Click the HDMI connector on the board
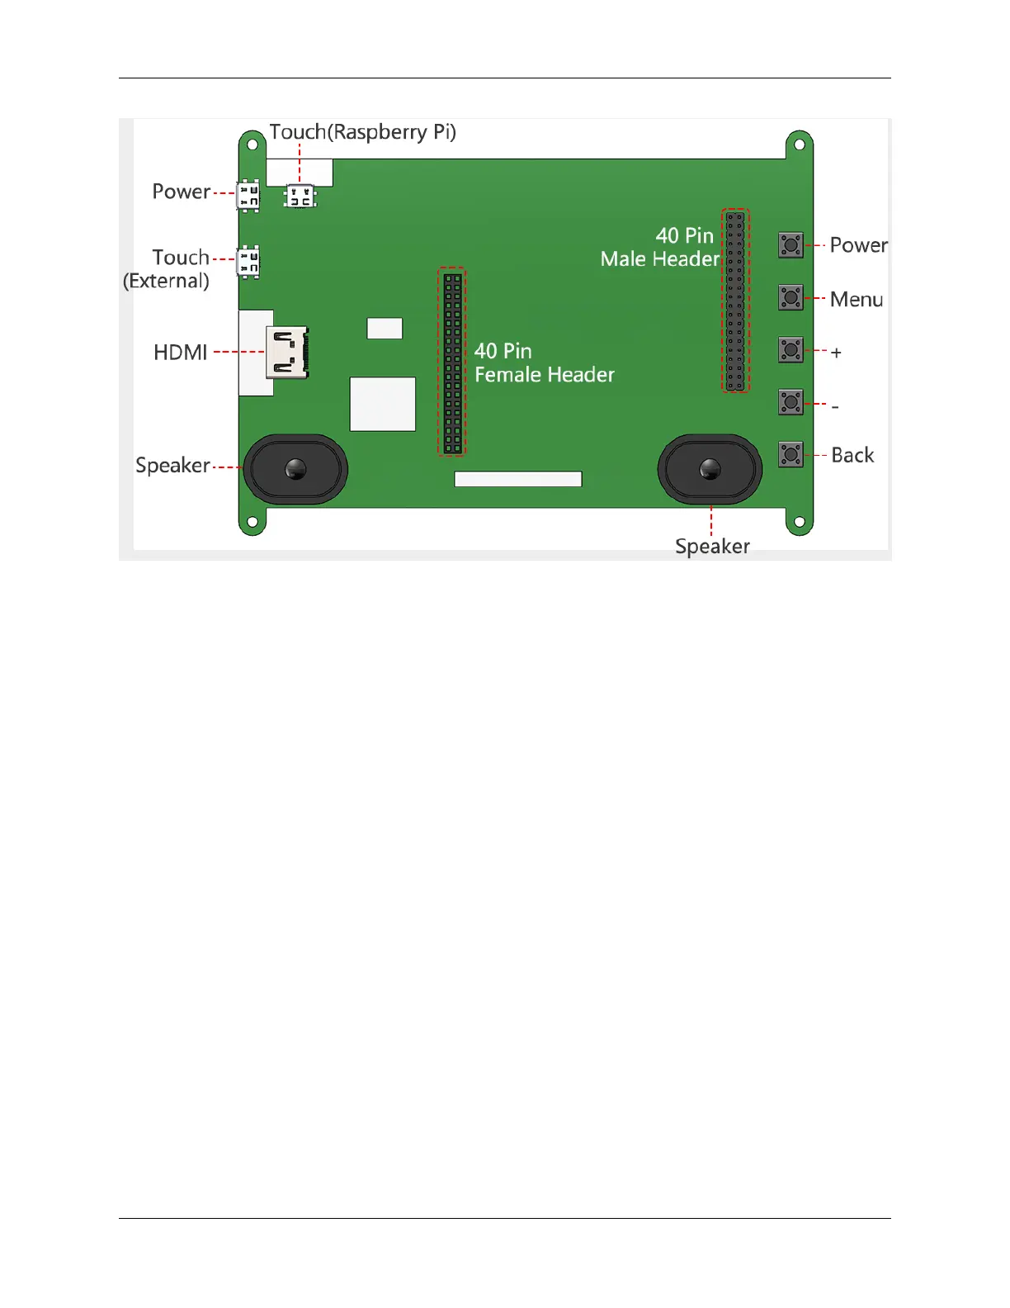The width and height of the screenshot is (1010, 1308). tap(287, 353)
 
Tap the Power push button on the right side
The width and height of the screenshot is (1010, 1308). tap(791, 245)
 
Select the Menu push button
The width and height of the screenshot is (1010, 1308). tap(791, 297)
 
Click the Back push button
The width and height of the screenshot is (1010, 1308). tap(791, 454)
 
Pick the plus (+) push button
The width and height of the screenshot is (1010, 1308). tap(791, 350)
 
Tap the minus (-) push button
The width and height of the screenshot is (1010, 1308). tap(791, 402)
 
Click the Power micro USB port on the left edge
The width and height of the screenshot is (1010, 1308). tap(248, 196)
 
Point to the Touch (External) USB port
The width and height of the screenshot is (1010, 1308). tap(248, 262)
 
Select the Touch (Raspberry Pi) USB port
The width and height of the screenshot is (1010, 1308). tap(300, 197)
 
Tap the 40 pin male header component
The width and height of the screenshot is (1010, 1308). tap(735, 301)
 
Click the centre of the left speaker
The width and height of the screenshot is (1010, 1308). tap(295, 470)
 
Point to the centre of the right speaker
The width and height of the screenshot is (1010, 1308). tap(710, 470)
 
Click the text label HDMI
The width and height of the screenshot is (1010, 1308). tap(181, 353)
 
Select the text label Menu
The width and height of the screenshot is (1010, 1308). tap(857, 300)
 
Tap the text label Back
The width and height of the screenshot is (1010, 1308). tap(852, 455)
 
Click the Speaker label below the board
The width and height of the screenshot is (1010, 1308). tap(712, 546)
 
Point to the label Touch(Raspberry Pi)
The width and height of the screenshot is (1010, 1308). tap(363, 132)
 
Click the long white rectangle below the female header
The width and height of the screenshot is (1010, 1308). tap(518, 479)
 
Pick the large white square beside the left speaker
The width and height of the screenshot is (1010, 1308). tap(383, 404)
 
